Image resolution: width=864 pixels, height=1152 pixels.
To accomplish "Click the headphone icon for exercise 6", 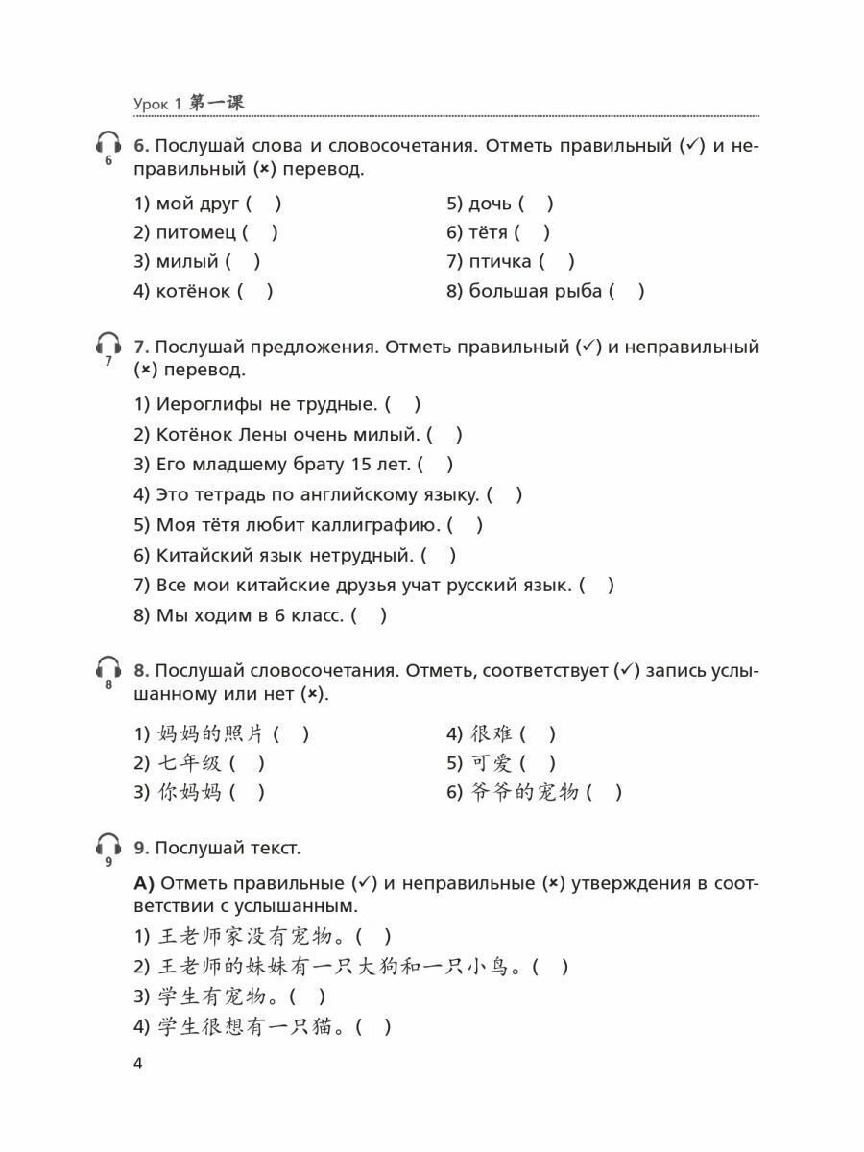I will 108,146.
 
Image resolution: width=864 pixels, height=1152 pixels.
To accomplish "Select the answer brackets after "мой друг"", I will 264,204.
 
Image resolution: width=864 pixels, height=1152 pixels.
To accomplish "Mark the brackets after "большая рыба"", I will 627,291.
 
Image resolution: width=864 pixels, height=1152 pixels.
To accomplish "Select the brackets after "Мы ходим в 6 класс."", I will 370,615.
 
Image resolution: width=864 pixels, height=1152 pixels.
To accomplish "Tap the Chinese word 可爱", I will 492,763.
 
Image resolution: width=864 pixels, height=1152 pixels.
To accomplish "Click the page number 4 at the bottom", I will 138,1064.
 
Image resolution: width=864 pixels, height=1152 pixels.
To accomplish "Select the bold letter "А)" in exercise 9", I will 144,883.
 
